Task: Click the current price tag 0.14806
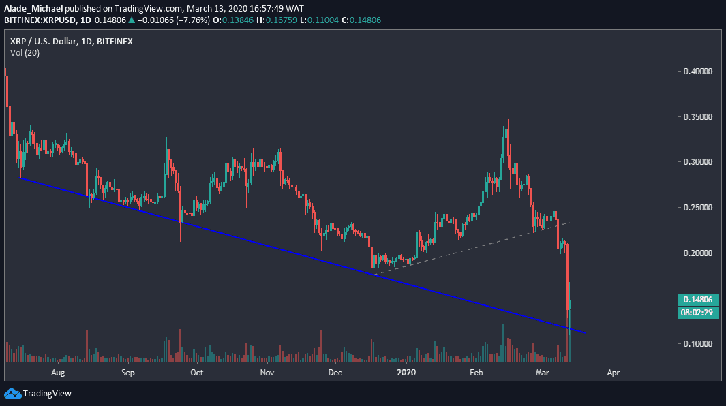tap(699, 299)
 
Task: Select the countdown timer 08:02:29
tap(699, 312)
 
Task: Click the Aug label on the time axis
tap(58, 373)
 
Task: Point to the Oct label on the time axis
tap(197, 373)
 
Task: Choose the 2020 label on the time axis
tap(406, 373)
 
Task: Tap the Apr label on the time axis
tap(614, 373)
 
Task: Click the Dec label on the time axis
tap(335, 373)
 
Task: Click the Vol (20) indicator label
tap(25, 52)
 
